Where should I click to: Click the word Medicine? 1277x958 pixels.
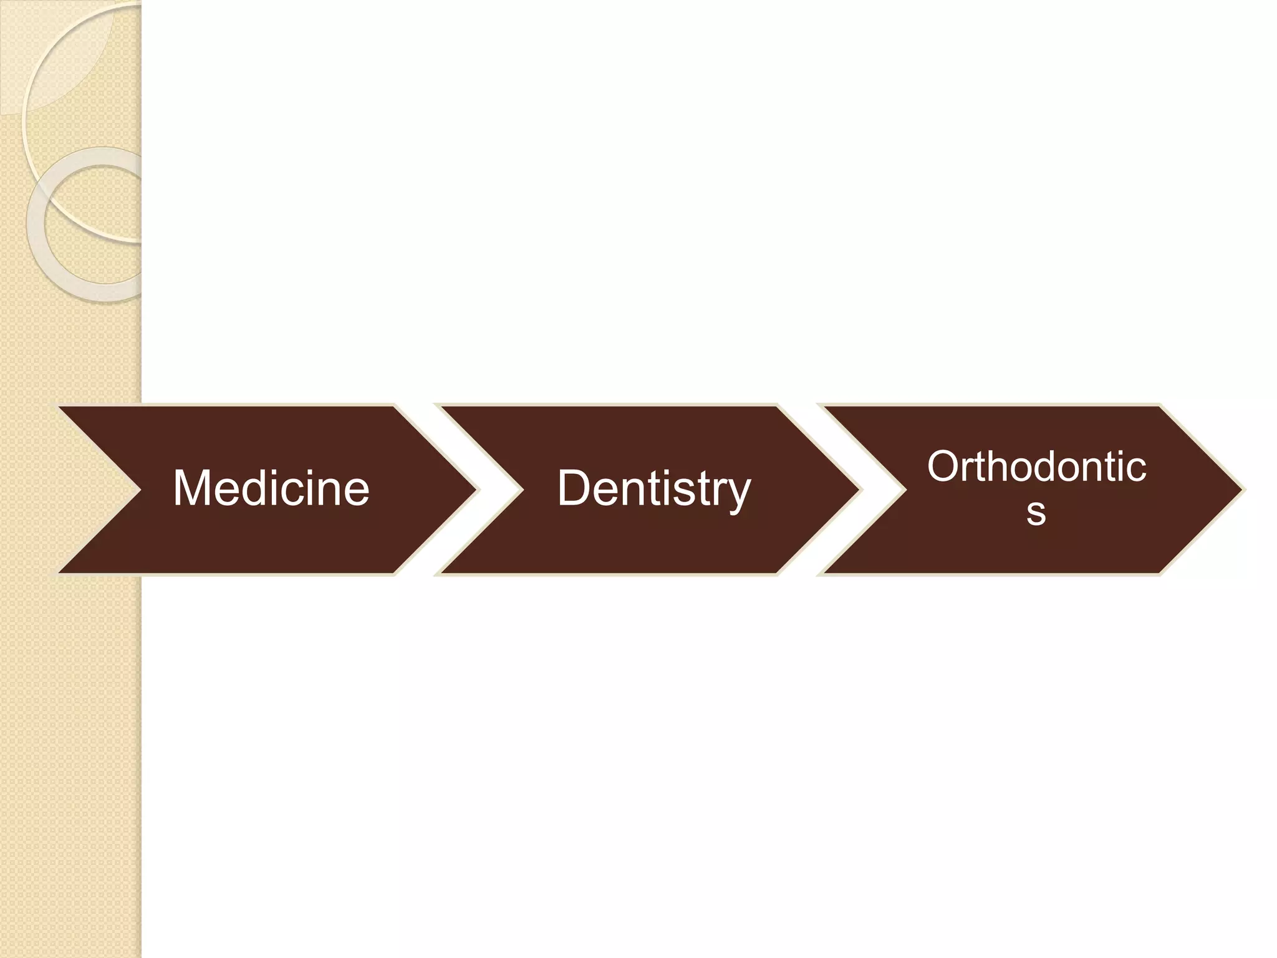[271, 488]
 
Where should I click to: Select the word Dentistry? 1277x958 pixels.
[653, 488]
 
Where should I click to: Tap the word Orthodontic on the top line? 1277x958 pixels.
[1036, 467]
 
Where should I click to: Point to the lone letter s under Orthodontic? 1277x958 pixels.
[1036, 513]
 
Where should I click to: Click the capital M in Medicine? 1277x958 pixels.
[193, 488]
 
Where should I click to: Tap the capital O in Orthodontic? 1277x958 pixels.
[943, 467]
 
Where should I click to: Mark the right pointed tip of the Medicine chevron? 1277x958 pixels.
[475, 490]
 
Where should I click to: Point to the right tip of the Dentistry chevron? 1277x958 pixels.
[858, 490]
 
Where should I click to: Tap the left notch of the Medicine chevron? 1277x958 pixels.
[140, 490]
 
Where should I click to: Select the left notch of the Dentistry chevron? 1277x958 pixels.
[523, 490]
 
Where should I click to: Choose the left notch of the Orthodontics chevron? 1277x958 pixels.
[905, 490]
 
